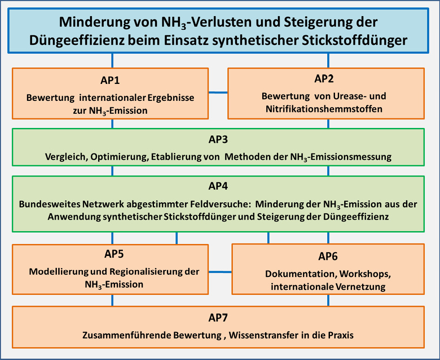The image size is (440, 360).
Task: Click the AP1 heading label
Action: (x=110, y=80)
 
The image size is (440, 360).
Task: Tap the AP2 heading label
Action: (x=324, y=78)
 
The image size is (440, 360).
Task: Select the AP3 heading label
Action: (x=218, y=139)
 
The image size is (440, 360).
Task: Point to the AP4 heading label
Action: (x=218, y=186)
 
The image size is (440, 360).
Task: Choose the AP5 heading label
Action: (x=114, y=254)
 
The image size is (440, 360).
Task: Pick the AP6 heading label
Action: (x=328, y=256)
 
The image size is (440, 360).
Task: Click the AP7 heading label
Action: (x=218, y=318)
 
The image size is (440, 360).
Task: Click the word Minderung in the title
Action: (x=94, y=22)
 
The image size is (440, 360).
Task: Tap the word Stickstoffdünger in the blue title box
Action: (x=355, y=40)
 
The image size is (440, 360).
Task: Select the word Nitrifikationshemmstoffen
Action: (x=324, y=109)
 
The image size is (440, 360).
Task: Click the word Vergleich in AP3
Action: (x=66, y=157)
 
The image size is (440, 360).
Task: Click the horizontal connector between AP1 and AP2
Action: (x=218, y=92)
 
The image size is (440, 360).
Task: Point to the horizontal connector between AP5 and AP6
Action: (x=220, y=272)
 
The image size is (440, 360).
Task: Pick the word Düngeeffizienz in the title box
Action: (x=77, y=40)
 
